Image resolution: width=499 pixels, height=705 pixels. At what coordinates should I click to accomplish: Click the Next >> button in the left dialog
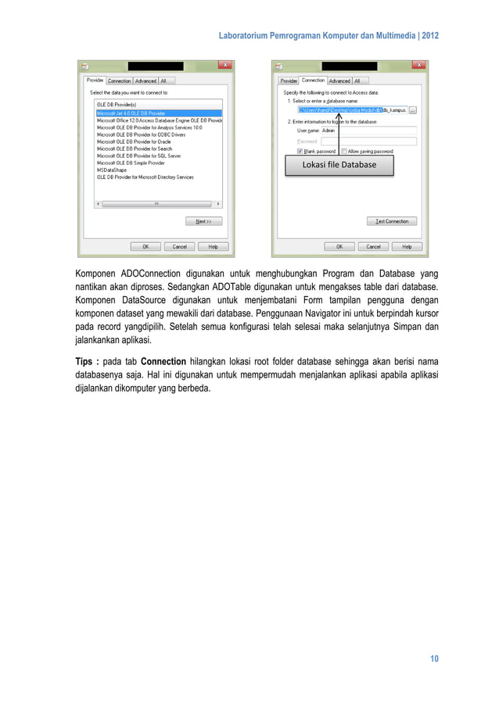203,221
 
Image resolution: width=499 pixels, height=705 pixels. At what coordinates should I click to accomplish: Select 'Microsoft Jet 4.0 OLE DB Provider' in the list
131,113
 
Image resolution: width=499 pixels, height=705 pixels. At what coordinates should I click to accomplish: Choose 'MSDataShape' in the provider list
112,170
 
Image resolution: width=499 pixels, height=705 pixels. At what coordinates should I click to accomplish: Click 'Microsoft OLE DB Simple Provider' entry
131,163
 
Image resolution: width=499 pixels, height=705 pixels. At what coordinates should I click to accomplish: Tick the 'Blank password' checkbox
300,151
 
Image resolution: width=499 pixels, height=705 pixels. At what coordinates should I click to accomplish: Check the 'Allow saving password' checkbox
344,151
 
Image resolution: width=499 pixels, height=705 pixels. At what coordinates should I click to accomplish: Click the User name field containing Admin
368,131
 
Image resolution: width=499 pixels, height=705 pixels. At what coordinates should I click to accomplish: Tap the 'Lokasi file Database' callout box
339,165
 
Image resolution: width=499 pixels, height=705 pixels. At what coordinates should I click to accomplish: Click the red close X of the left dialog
224,66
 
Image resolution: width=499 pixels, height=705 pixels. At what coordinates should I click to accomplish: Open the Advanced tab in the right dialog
339,81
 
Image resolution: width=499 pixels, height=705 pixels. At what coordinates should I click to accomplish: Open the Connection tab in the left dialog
119,81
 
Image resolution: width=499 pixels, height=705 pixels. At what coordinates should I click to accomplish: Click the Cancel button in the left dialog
179,246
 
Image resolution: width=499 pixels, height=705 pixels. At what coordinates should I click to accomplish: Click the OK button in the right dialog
339,246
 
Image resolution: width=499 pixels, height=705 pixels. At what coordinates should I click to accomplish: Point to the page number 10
433,659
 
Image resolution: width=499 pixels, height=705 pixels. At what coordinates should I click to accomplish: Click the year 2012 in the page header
429,36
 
